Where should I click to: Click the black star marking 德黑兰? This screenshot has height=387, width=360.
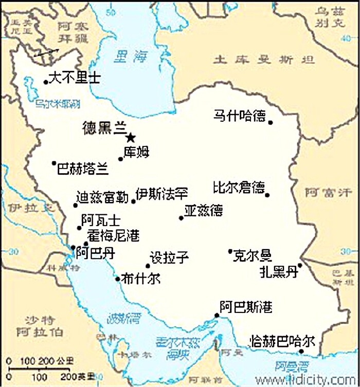tap(131, 137)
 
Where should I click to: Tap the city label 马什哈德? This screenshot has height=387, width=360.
tap(239, 117)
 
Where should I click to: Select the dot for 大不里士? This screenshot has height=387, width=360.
tap(46, 82)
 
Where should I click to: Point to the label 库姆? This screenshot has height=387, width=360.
tap(136, 152)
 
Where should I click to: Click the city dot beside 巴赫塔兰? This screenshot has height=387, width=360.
tap(53, 163)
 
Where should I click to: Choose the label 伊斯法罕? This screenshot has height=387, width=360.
tap(161, 194)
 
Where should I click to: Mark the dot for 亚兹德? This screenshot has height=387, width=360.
tap(181, 218)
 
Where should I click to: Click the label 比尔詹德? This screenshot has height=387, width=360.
tap(239, 188)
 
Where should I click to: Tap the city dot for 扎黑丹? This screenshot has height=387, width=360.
tap(300, 265)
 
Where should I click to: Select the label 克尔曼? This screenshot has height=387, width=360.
tap(252, 255)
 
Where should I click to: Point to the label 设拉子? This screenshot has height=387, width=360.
tap(169, 258)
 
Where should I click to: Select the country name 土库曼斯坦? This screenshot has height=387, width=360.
tap(264, 60)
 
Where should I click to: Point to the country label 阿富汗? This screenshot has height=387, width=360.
tap(328, 193)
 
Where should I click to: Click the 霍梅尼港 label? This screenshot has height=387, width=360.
tap(113, 236)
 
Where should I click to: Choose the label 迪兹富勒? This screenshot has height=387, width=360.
tap(102, 197)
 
